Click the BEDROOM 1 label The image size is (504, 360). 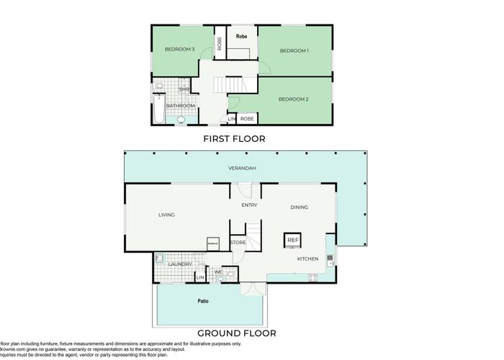coord(294,50)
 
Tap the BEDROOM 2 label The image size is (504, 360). coord(294,99)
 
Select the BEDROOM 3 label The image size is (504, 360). coord(179,49)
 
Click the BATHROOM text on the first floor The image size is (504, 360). coord(181,106)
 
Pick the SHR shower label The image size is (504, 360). coord(184,89)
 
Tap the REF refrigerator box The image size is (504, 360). coord(292,240)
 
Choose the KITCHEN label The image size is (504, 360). coord(309,258)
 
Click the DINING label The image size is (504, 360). coord(299,207)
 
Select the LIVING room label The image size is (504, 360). coord(166,215)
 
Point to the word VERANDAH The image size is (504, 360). coord(242,168)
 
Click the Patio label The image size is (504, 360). coord(204,300)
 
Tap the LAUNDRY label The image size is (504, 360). coord(179,264)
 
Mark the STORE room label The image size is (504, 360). coord(238,243)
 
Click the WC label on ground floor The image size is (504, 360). coord(218,271)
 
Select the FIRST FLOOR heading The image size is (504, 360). coord(234,138)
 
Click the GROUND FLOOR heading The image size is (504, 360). coord(236,333)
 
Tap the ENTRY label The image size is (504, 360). coord(249,205)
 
